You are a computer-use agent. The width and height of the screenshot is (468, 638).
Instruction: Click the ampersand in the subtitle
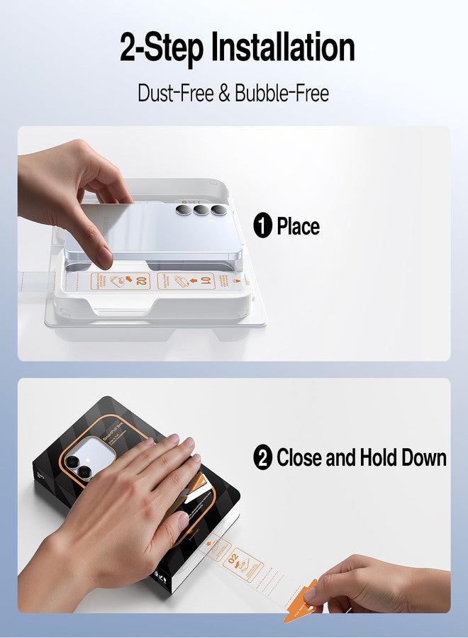tap(225, 93)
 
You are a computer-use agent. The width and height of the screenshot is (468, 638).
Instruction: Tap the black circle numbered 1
tap(263, 227)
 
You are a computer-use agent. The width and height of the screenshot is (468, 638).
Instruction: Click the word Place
tap(298, 227)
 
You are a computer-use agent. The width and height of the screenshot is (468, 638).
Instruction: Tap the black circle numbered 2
tap(263, 457)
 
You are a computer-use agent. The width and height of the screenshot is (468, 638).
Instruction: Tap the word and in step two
tap(338, 457)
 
